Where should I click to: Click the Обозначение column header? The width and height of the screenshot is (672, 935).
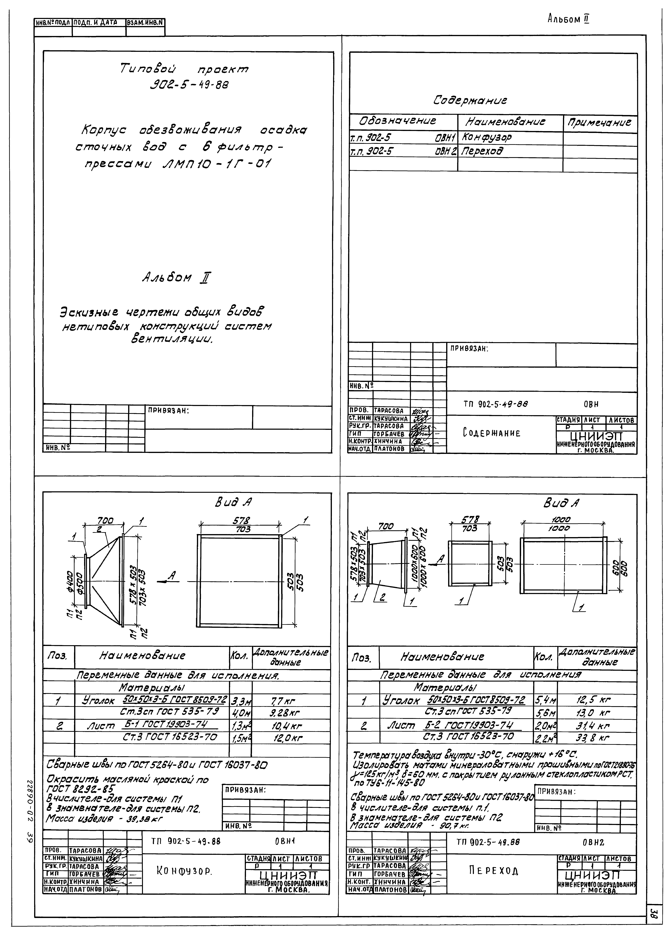click(398, 121)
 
